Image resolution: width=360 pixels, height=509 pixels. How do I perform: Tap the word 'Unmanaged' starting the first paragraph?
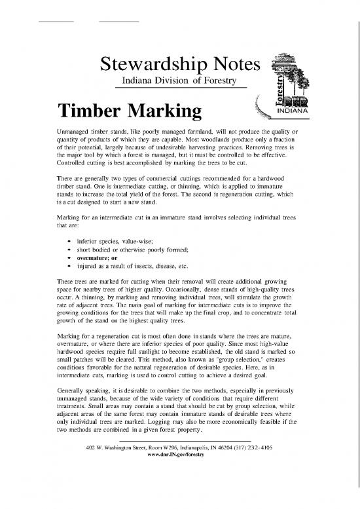pyautogui.click(x=72, y=132)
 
